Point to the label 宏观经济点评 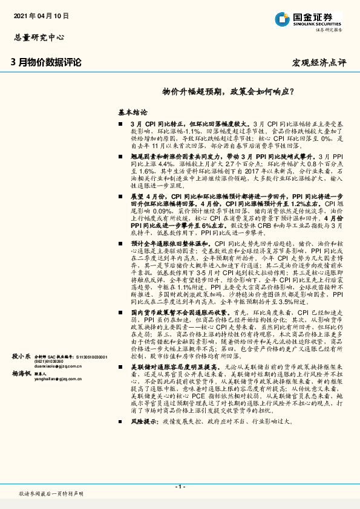tap(319, 62)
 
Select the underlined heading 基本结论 tap(132, 112)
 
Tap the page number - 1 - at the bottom tap(180, 486)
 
